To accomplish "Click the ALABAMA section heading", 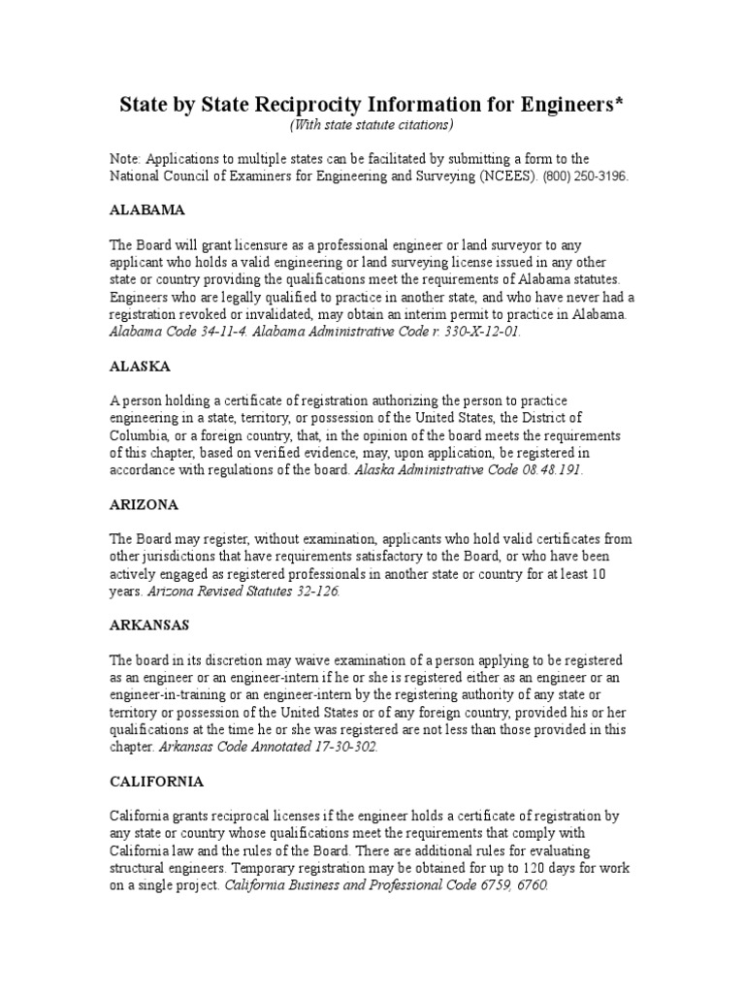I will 146,209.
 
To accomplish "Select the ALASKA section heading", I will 140,367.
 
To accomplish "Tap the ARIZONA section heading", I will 144,505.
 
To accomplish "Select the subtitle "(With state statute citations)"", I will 372,125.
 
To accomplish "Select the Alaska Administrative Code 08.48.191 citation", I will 470,470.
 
